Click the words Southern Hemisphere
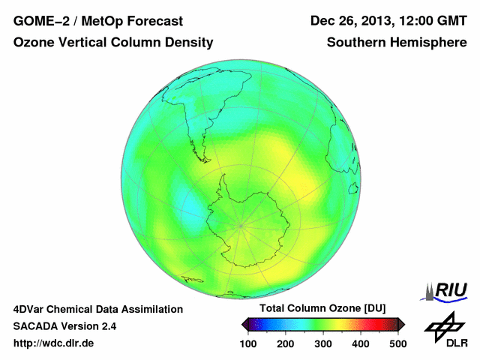coord(397,43)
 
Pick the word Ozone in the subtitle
coord(34,43)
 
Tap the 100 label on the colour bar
coord(249,343)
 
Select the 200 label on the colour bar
coord(286,343)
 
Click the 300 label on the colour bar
coord(323,343)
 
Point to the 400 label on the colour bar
coord(360,343)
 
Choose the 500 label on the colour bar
coord(397,343)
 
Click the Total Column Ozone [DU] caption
coord(322,309)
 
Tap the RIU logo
coord(447,290)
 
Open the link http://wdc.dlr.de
coord(54,343)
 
